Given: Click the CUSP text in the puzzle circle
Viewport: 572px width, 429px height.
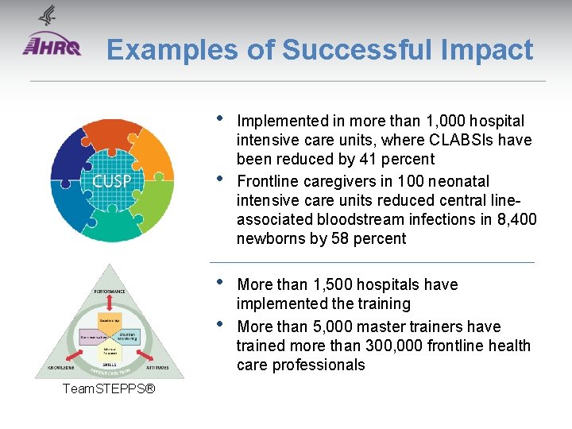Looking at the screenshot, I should pyautogui.click(x=112, y=180).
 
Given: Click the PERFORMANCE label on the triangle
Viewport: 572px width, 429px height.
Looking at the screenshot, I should pyautogui.click(x=110, y=292).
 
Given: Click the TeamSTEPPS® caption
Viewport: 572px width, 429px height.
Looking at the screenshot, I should pyautogui.click(x=108, y=389).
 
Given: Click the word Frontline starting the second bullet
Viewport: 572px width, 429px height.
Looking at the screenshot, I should pyautogui.click(x=267, y=181).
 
